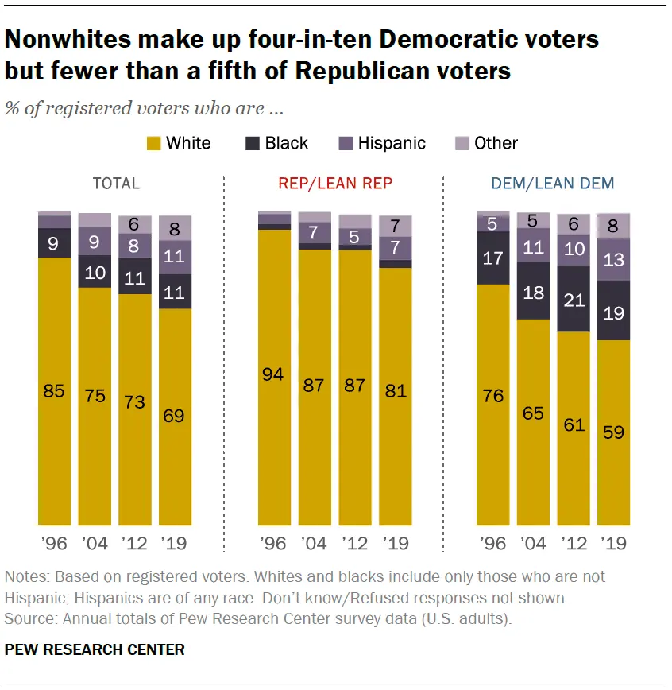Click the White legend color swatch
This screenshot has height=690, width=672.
click(x=153, y=144)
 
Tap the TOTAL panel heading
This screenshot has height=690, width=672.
click(x=116, y=184)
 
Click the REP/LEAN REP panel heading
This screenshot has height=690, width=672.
click(x=335, y=184)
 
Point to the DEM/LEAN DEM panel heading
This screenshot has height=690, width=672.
click(x=552, y=184)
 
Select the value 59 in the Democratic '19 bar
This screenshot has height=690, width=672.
click(x=613, y=434)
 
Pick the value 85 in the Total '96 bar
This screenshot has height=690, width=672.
click(x=55, y=391)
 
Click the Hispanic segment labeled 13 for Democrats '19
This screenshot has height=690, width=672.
click(x=613, y=261)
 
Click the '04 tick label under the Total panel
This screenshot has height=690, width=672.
click(x=95, y=545)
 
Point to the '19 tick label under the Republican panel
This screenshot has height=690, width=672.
click(x=395, y=545)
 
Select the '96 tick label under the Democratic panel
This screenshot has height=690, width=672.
click(x=493, y=545)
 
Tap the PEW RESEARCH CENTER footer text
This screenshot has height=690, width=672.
click(x=95, y=650)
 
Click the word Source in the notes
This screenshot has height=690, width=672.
click(x=28, y=618)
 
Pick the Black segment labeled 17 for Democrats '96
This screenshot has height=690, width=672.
click(x=493, y=258)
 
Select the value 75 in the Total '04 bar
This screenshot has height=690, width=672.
click(x=95, y=395)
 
